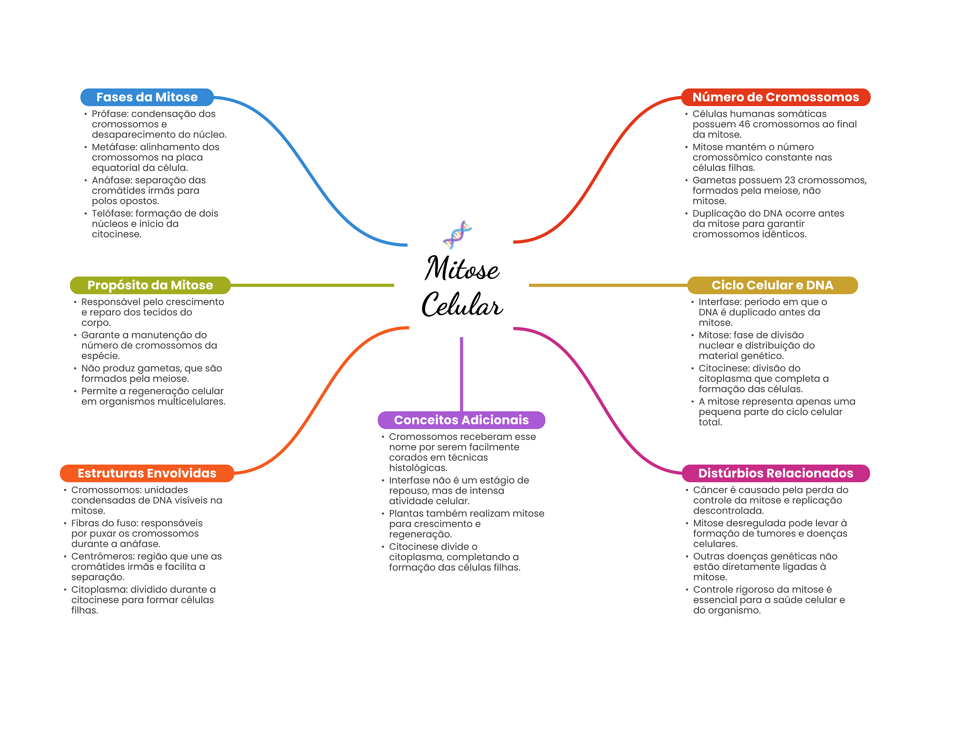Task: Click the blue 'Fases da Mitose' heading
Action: [x=147, y=97]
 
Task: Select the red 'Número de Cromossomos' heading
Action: [x=776, y=97]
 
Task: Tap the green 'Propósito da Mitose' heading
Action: [x=150, y=285]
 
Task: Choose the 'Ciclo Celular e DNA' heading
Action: [x=772, y=285]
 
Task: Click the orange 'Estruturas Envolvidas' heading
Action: [x=147, y=473]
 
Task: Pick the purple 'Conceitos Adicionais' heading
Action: [x=461, y=420]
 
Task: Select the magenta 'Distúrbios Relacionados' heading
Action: [x=776, y=473]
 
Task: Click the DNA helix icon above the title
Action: [x=457, y=235]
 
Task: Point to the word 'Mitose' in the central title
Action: [x=462, y=269]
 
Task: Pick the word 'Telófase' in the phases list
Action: [x=112, y=213]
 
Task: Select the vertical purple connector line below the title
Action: [x=461, y=374]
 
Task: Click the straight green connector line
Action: [x=312, y=285]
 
